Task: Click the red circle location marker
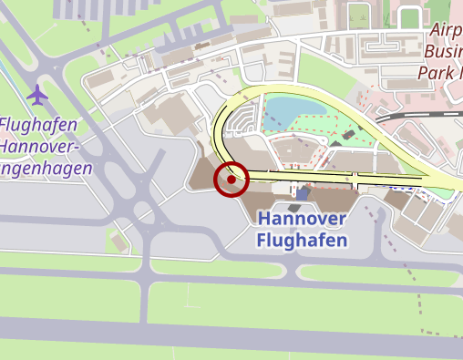coord(231,180)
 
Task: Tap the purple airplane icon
coord(37,94)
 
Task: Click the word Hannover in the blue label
coord(302,220)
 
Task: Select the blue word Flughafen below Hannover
coord(302,241)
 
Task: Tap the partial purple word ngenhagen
coord(46,170)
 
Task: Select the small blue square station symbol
coord(303,194)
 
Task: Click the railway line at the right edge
coord(428,115)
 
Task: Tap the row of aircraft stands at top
coord(100,9)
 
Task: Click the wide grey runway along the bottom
coord(228,331)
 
